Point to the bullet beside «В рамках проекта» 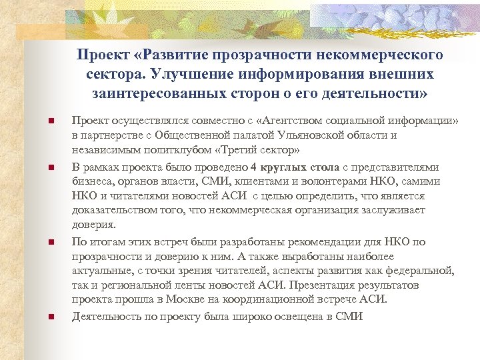coord(51,167)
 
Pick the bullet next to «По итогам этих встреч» coord(51,242)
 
